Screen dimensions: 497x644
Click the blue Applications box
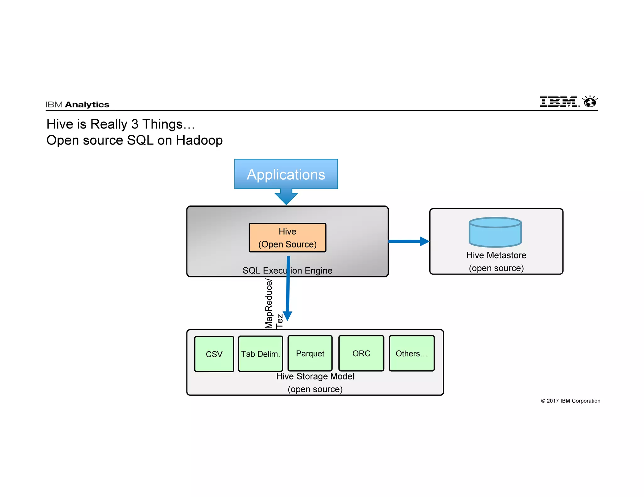click(286, 174)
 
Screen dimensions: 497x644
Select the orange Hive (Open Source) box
click(287, 238)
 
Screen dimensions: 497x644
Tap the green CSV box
click(214, 354)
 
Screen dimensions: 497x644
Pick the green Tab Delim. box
click(260, 354)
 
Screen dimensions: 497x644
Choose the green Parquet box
click(310, 353)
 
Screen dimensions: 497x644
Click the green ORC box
click(361, 353)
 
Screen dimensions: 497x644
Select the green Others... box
click(412, 353)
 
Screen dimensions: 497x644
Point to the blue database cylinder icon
click(495, 232)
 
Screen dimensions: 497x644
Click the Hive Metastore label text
click(496, 255)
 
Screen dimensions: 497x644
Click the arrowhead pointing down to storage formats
click(288, 316)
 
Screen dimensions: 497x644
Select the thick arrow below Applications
click(286, 197)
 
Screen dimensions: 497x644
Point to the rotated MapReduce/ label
click(269, 303)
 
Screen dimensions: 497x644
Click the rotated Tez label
click(279, 321)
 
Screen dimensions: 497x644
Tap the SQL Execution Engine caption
click(287, 270)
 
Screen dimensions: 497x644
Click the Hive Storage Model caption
click(315, 376)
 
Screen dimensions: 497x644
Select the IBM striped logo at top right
click(559, 101)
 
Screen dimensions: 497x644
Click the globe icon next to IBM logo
click(590, 102)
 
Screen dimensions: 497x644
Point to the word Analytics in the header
click(87, 105)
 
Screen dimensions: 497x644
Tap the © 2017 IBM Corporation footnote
click(570, 401)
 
